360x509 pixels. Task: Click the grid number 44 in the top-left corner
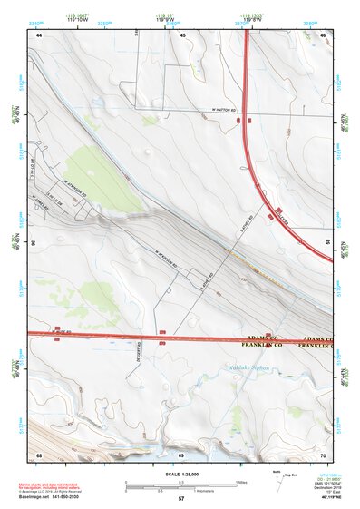click(x=40, y=34)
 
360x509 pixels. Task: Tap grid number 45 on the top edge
click(x=182, y=34)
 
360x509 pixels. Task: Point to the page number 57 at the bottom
click(x=181, y=500)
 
